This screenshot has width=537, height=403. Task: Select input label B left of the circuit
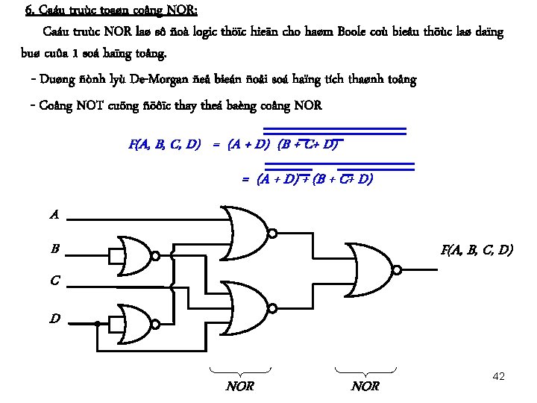click(x=55, y=249)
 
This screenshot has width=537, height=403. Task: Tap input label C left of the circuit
click(x=54, y=281)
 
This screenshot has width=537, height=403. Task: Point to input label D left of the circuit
click(x=55, y=319)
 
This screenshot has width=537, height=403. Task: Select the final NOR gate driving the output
click(x=371, y=269)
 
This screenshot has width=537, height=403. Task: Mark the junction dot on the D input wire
click(x=98, y=323)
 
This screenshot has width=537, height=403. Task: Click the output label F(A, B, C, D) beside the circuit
click(x=477, y=249)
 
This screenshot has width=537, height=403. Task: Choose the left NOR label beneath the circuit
click(x=240, y=386)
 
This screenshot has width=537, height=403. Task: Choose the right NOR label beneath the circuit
click(x=365, y=386)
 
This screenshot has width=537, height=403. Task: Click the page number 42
click(x=500, y=376)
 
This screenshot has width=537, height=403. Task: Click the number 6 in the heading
click(x=28, y=10)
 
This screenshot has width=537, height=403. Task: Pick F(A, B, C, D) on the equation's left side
click(x=164, y=144)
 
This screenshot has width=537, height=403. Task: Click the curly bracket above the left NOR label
click(x=240, y=369)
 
